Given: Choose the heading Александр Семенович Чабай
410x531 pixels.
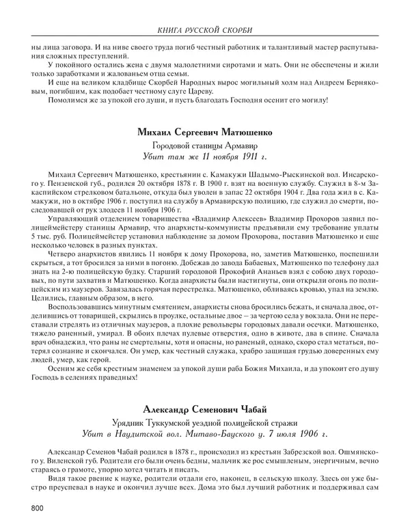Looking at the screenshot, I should pyautogui.click(x=205, y=409).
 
